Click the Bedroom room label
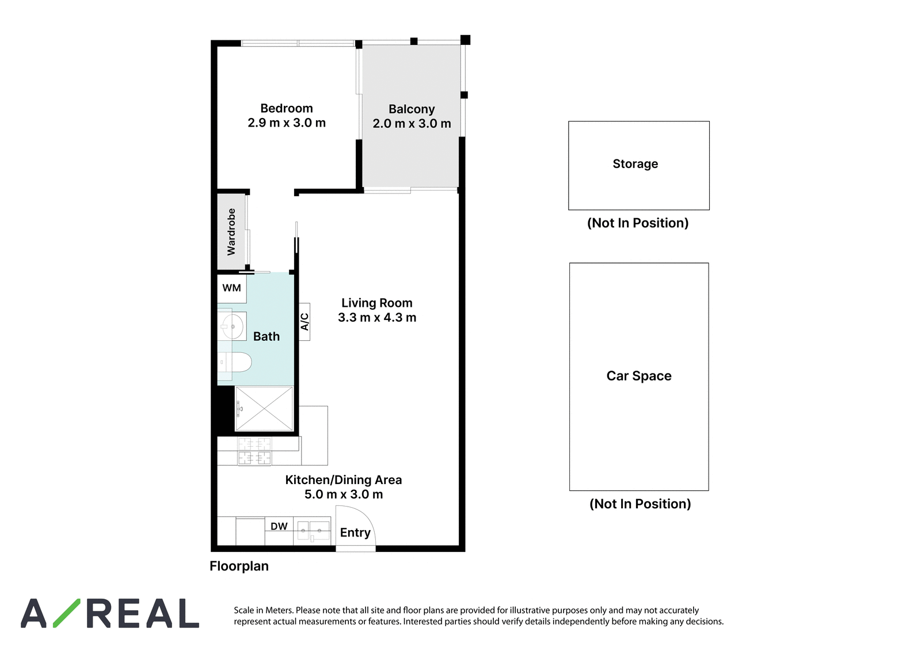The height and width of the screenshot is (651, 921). [x=287, y=108]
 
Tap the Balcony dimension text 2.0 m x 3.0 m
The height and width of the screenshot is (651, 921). [x=412, y=123]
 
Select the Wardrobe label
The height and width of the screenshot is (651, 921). [x=231, y=231]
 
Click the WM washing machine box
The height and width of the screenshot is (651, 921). [x=232, y=288]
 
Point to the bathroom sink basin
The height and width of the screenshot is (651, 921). [x=232, y=326]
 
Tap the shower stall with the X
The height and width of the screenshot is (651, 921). [x=264, y=408]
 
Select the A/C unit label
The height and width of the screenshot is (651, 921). [x=305, y=322]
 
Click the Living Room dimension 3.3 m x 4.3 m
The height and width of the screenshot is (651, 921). [x=377, y=318]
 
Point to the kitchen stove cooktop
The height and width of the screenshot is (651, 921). [x=254, y=451]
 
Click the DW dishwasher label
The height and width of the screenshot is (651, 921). [x=279, y=526]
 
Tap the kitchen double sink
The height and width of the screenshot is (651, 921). [x=313, y=531]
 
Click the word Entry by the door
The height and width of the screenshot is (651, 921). [x=355, y=533]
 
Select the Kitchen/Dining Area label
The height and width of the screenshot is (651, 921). [x=343, y=480]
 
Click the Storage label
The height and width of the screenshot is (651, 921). [x=635, y=163]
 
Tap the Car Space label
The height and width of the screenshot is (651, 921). [x=639, y=376]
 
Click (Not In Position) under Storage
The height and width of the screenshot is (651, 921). [x=638, y=223]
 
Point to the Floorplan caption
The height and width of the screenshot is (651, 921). [x=239, y=566]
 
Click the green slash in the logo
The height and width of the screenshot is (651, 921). [x=67, y=613]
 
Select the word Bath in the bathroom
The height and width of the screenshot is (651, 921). [x=267, y=336]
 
